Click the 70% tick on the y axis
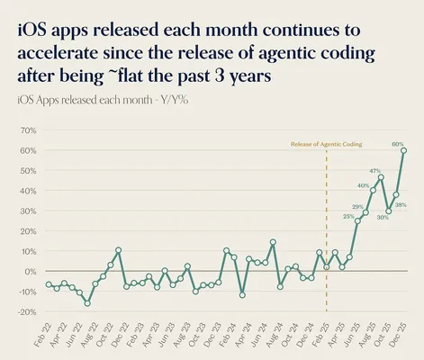click(24, 130)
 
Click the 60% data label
click(397, 143)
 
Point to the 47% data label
click(374, 170)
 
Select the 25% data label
click(348, 216)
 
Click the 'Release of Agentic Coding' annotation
click(327, 143)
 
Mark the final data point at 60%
click(403, 150)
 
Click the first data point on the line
click(49, 284)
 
